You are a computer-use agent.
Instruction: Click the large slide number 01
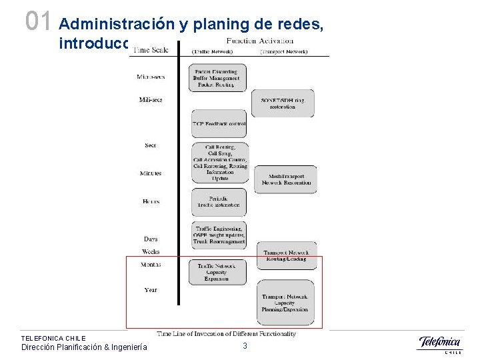tap(37, 21)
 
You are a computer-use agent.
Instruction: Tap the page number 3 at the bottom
tap(245, 346)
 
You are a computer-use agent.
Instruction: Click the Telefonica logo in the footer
tap(439, 344)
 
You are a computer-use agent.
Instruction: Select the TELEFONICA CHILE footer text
tap(53, 338)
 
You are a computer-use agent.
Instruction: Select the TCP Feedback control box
tap(219, 125)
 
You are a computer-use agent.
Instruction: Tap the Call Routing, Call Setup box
tap(219, 163)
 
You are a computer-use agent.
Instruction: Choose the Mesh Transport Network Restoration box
tap(287, 179)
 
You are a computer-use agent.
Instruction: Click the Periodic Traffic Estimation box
tap(219, 202)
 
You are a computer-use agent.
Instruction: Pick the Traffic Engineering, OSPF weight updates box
tap(219, 235)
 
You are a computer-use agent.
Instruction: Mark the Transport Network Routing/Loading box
tap(287, 255)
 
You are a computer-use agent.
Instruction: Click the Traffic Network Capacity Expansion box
tap(217, 273)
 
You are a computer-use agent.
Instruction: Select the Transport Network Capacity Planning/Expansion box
tap(287, 303)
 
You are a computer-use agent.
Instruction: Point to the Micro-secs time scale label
tap(151, 77)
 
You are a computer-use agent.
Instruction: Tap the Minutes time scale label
tap(151, 173)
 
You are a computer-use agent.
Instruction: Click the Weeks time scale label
tap(151, 251)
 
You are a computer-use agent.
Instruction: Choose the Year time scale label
tap(151, 289)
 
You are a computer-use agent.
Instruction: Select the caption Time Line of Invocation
tap(226, 333)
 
